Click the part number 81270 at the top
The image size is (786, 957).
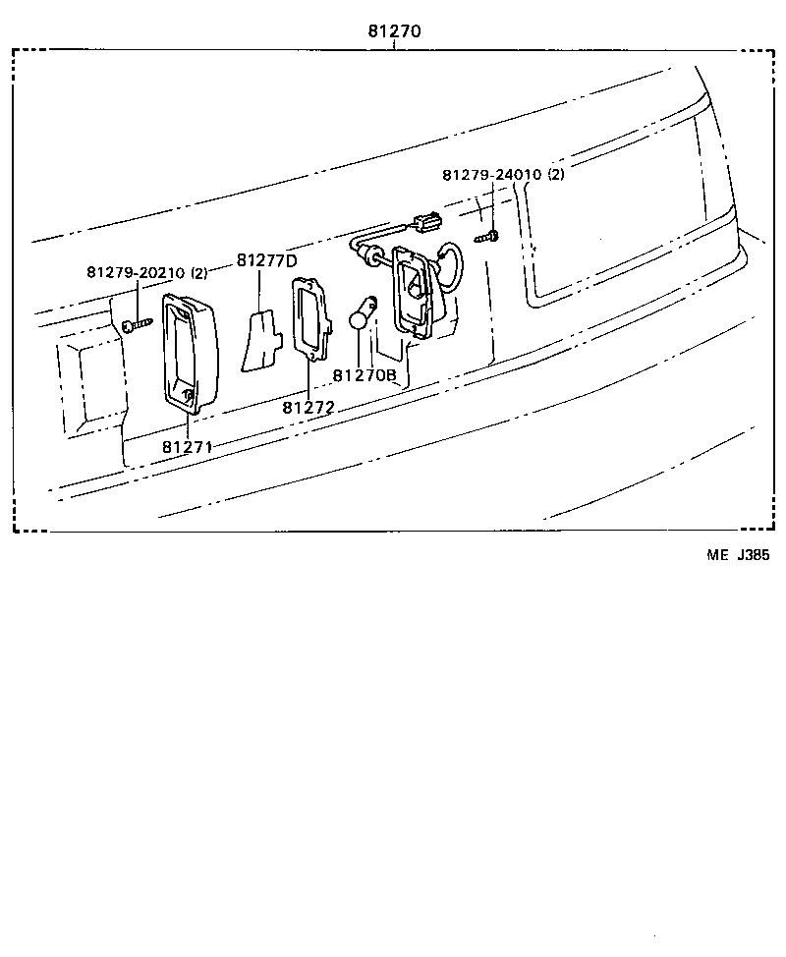pyautogui.click(x=395, y=30)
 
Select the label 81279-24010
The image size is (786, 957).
pyautogui.click(x=491, y=175)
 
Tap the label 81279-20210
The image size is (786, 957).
pyautogui.click(x=136, y=272)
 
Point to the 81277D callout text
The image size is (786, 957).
pyautogui.click(x=265, y=260)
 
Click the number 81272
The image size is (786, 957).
pyautogui.click(x=309, y=407)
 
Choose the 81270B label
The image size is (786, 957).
pyautogui.click(x=364, y=375)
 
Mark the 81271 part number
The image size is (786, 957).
pyautogui.click(x=189, y=446)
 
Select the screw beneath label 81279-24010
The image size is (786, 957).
pyautogui.click(x=487, y=236)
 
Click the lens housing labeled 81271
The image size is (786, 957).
pyautogui.click(x=187, y=352)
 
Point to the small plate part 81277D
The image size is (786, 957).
pyautogui.click(x=259, y=342)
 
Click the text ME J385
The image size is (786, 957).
pyautogui.click(x=738, y=555)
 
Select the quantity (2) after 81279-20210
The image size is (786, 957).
pyautogui.click(x=198, y=272)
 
